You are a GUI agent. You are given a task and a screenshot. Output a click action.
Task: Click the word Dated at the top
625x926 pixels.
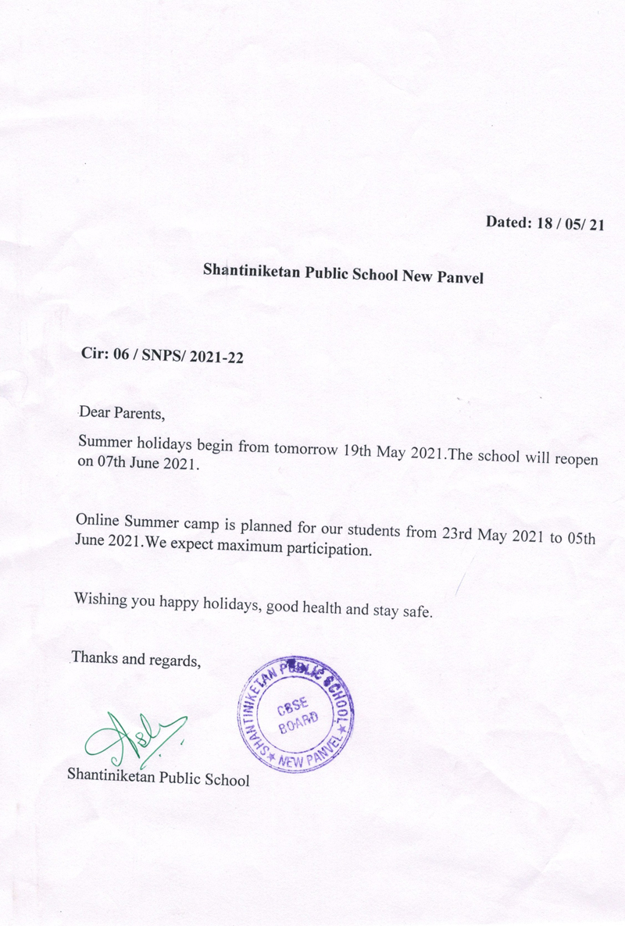[x=509, y=222]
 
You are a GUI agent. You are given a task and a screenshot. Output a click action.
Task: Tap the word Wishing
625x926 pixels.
[x=102, y=600]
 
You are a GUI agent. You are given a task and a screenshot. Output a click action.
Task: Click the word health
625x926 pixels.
[x=319, y=607]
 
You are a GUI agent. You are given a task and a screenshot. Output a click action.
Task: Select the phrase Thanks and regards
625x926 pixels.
[x=137, y=659]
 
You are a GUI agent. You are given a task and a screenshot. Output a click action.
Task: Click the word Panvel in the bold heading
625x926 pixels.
[x=459, y=276]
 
